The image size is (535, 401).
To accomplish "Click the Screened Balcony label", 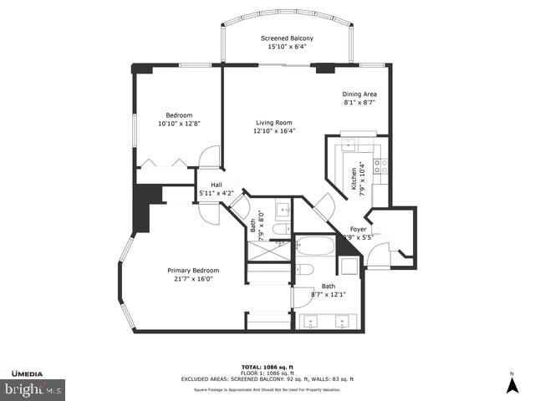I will coord(287,38).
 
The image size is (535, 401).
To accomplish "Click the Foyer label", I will coord(358,229).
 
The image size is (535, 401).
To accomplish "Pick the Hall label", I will coord(216,185).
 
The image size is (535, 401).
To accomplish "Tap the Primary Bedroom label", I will coord(192,271).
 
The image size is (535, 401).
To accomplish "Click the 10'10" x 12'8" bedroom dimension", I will coord(179,124).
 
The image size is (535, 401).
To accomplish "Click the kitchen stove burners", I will coord(378,165).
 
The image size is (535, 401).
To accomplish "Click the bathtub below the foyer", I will coord(314,247).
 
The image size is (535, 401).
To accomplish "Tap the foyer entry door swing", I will coord(378,254).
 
